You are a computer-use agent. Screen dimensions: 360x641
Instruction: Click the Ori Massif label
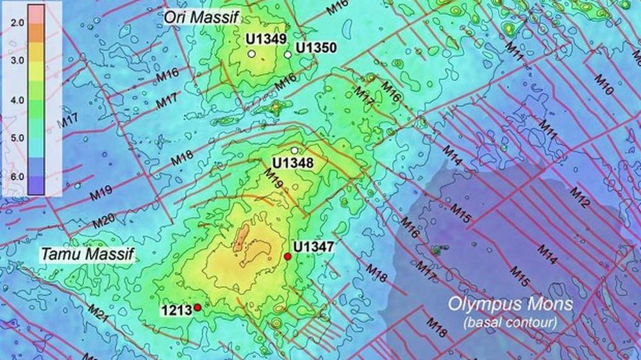[x=201, y=17]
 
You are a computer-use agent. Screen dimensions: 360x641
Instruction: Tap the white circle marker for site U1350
[x=288, y=55]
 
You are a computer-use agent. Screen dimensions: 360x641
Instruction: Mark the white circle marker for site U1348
[x=294, y=151]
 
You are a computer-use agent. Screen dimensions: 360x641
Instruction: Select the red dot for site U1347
[x=287, y=257]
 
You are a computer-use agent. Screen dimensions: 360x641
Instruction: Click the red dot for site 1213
[x=197, y=308]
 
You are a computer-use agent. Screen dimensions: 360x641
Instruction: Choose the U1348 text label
[x=293, y=163]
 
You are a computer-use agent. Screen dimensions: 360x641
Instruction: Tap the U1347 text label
[x=314, y=245]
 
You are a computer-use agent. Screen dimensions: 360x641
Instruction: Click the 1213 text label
[x=176, y=311]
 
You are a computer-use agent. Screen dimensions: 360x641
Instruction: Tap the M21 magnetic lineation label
[x=98, y=314]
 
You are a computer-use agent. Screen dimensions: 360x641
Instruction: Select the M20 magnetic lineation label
[x=104, y=222]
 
